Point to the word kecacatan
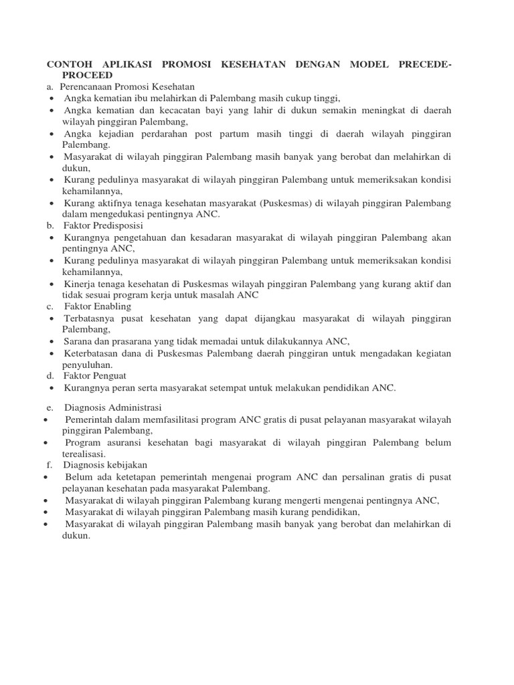point(157,109)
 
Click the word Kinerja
point(81,284)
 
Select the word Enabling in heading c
point(106,306)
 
